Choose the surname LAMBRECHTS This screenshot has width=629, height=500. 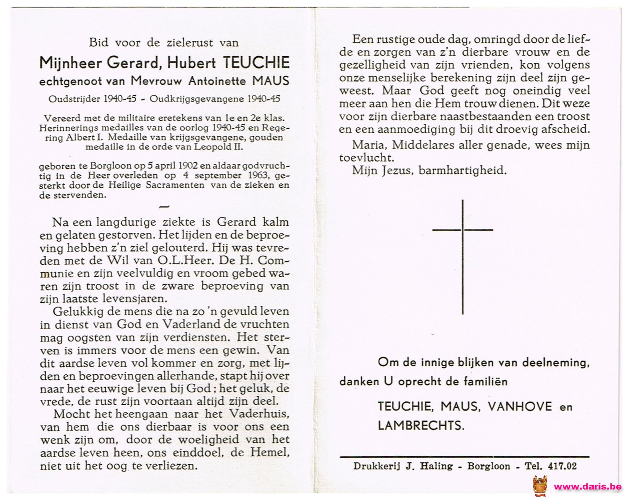pos(420,425)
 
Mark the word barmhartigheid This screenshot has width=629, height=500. pos(462,170)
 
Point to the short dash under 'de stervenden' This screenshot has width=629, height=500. pos(163,206)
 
